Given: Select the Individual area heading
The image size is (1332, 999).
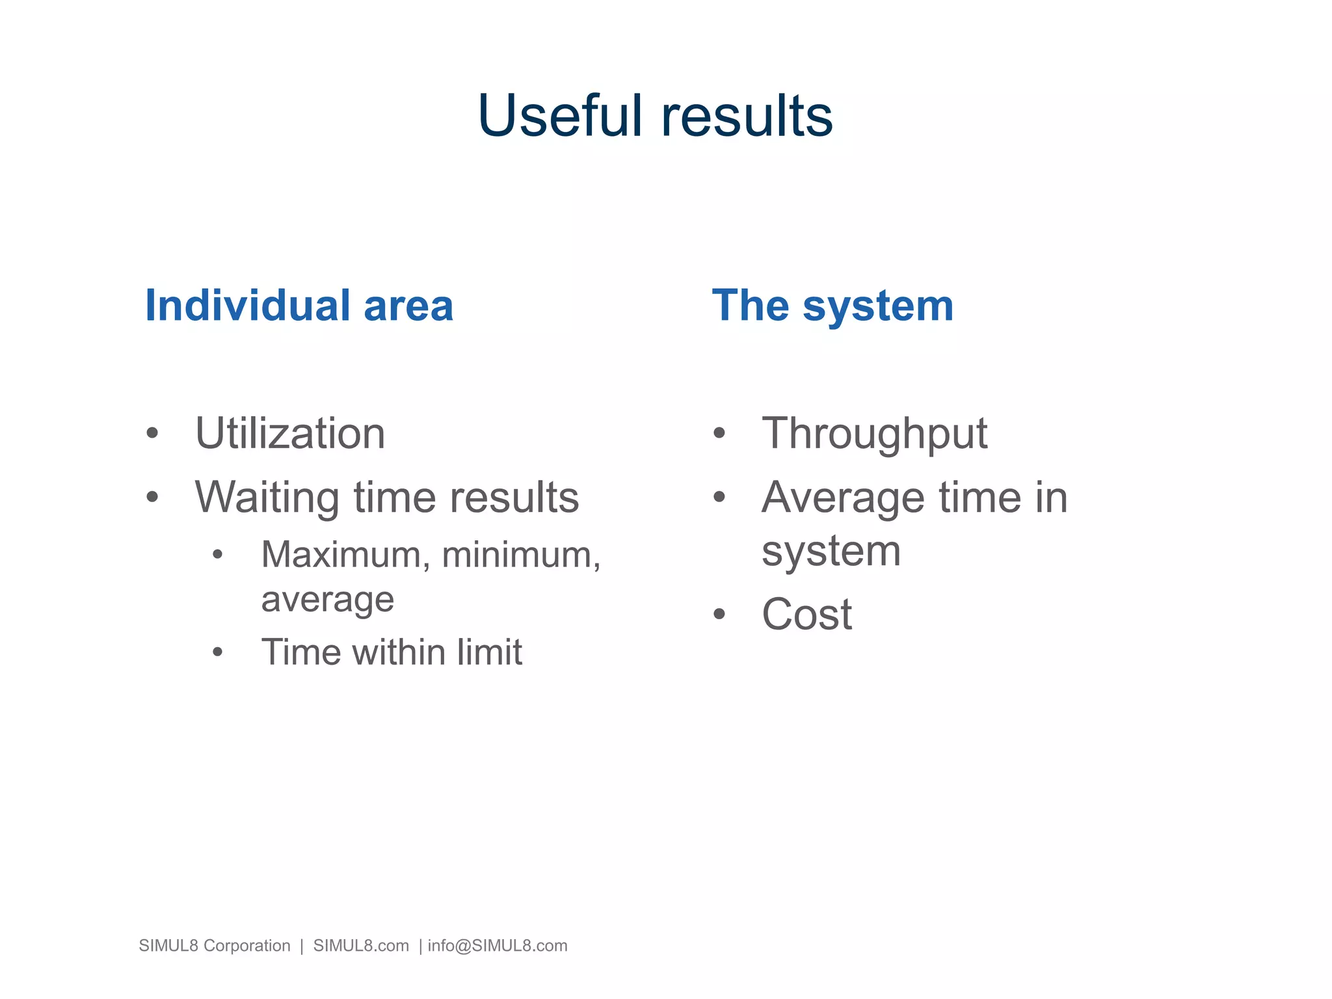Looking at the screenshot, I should (299, 306).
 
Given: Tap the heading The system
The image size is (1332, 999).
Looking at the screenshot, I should (832, 306).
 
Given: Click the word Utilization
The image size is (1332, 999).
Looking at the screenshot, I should (290, 434).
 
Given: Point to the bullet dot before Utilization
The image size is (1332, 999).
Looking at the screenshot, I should (152, 433).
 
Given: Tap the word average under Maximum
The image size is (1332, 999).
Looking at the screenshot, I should (327, 600).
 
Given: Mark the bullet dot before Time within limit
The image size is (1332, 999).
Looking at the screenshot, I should (218, 652).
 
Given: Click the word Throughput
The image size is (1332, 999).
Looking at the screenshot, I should (874, 434).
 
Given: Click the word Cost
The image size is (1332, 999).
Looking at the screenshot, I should (806, 614).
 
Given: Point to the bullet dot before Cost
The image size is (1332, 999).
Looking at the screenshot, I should (719, 614).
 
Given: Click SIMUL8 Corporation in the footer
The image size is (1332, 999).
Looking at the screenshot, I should (215, 946).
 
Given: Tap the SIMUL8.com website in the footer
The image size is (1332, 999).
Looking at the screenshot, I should (361, 946).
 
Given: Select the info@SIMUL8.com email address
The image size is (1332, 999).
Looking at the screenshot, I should (498, 946).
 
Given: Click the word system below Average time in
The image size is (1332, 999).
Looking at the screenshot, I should (831, 552).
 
